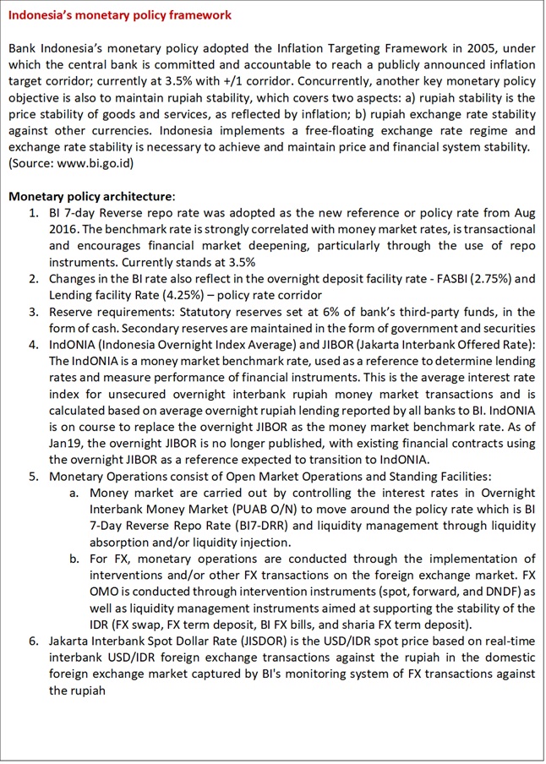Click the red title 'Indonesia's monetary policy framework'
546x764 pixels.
pos(119,15)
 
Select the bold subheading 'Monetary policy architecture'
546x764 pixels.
pos(91,196)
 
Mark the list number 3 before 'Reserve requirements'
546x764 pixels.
pos(33,312)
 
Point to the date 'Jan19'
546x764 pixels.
pos(65,444)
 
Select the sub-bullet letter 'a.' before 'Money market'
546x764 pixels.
pos(74,493)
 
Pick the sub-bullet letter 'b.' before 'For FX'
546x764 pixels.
pos(74,559)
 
